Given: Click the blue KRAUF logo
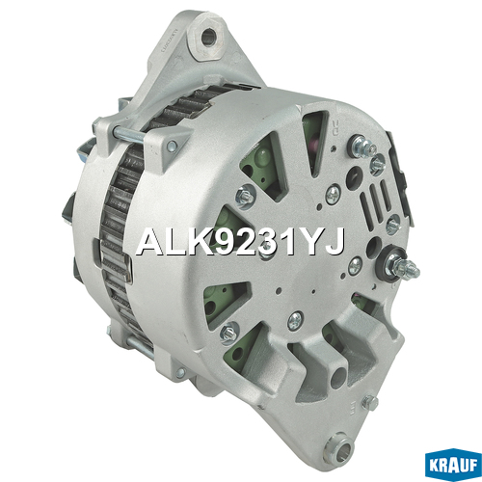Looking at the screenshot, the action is point(453,465).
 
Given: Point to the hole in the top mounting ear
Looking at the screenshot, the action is point(208,37).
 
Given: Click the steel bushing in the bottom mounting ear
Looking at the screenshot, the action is point(339,446).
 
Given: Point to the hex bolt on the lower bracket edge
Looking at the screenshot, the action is point(370,402).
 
